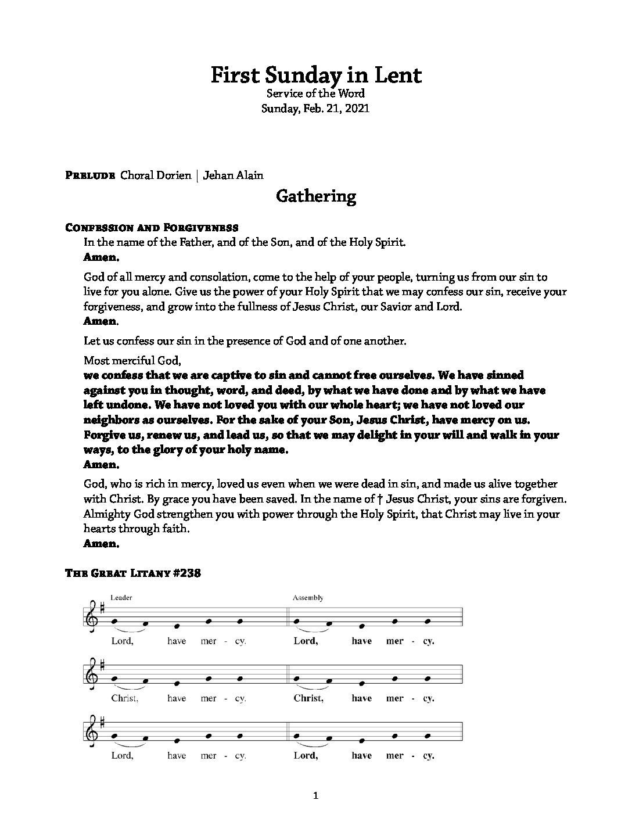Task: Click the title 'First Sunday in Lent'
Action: click(315, 75)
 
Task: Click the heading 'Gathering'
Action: click(315, 196)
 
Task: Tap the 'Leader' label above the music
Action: click(121, 598)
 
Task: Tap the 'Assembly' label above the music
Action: click(308, 598)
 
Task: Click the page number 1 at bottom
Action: click(315, 797)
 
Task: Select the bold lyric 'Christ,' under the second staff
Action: click(308, 698)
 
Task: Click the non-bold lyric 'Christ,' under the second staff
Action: click(124, 698)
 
